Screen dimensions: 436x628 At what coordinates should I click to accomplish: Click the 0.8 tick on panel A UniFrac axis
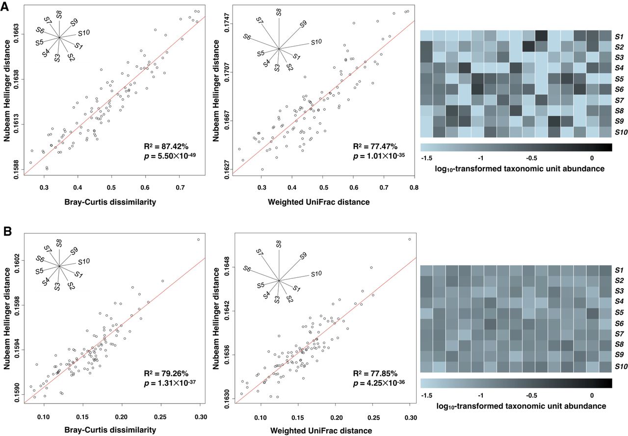tap(414, 187)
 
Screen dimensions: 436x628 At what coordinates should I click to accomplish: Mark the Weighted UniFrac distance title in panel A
tap(323, 202)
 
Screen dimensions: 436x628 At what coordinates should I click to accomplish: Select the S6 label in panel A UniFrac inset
tap(247, 37)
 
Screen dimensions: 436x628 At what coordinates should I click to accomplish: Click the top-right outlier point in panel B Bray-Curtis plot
tap(198, 240)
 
